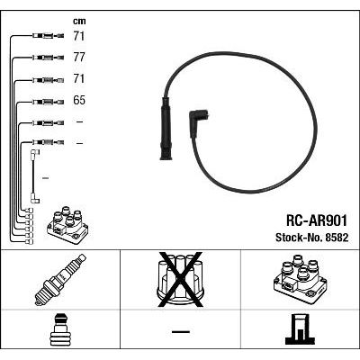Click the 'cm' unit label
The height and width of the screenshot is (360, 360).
coord(79,22)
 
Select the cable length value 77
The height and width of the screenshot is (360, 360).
coord(79,58)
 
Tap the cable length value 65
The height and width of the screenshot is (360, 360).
coord(79,100)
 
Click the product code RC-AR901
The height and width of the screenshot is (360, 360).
coord(317,220)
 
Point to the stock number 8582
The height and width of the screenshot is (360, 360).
coord(336,238)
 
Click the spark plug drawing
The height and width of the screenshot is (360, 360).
coord(60,280)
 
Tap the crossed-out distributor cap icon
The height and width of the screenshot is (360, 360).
coord(181,280)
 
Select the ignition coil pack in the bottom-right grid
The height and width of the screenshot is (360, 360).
coord(301,279)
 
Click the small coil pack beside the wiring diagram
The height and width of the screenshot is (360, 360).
coord(67,225)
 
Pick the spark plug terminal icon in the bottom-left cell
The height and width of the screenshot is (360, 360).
coord(60,330)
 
